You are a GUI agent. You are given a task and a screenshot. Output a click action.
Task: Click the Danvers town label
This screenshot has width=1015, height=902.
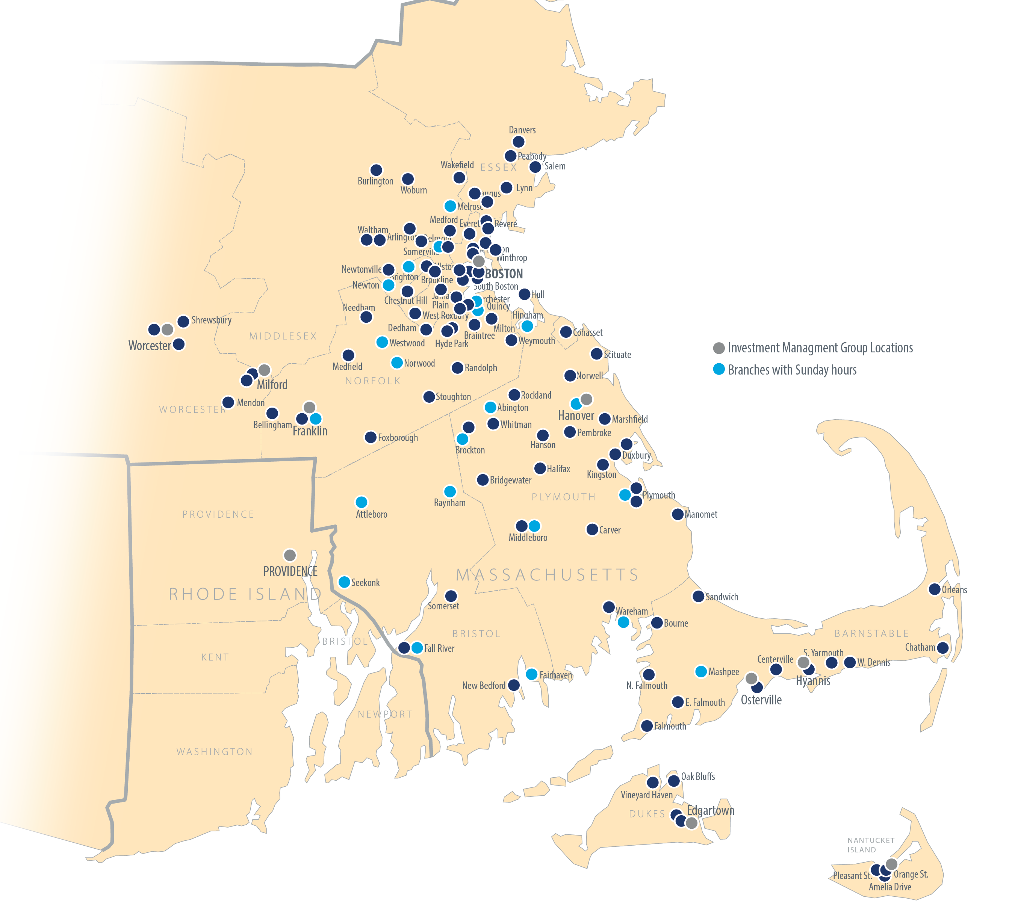[x=522, y=130]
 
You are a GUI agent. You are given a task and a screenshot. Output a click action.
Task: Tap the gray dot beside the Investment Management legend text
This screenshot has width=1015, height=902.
[x=719, y=348]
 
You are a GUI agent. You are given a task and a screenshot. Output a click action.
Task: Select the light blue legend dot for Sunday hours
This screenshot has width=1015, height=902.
[x=719, y=369]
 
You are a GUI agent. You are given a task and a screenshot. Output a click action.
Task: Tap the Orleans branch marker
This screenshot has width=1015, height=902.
[x=935, y=589]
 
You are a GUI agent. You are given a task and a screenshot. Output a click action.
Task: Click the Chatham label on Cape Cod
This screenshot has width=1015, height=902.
[x=920, y=647]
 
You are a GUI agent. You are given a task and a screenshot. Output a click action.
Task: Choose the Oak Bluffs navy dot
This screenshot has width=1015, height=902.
[x=673, y=781]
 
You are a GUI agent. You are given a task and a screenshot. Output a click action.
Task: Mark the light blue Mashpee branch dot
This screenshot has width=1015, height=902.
[x=701, y=672]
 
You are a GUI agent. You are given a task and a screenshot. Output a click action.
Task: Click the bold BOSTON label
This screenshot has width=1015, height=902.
[x=504, y=274]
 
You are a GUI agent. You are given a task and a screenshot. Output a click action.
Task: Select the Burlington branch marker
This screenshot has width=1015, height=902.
[x=377, y=170]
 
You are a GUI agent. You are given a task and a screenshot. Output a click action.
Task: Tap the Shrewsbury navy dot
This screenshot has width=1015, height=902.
[x=183, y=321]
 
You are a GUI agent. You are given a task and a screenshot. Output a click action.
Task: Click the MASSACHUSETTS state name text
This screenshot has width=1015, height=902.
[x=547, y=575]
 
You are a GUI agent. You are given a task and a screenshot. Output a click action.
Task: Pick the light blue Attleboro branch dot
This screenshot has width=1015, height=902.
[x=362, y=502]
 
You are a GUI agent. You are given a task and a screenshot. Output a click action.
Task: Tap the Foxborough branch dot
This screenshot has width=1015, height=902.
[x=371, y=437]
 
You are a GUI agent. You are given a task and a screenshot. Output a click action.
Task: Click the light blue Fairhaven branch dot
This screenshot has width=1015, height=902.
[x=531, y=674]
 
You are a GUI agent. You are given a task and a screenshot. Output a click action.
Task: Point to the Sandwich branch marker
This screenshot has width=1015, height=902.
[x=698, y=596]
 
